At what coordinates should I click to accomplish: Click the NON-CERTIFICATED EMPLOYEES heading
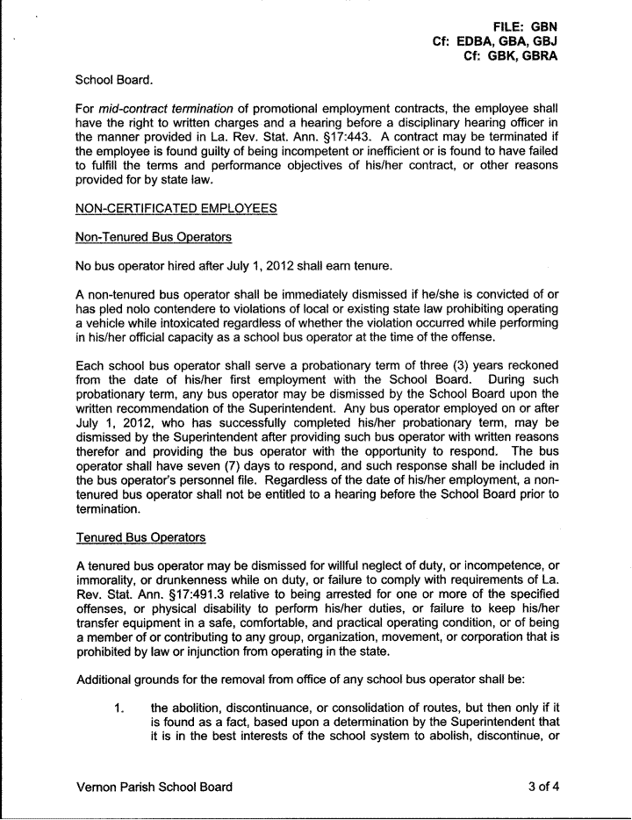click(176, 208)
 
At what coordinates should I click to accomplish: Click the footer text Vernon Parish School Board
click(154, 787)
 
